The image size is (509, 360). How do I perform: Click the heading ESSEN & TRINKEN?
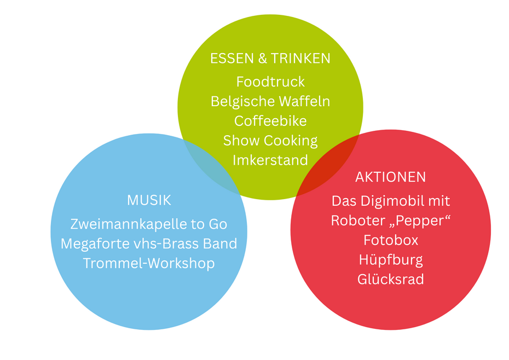[270, 59]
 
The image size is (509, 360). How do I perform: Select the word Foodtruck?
[270, 82]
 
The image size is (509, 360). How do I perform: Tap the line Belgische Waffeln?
[270, 101]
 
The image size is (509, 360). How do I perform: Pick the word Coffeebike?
[270, 120]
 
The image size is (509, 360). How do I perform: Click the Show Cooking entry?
[270, 141]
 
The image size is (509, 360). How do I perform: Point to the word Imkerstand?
[270, 160]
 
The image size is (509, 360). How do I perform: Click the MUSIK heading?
[149, 200]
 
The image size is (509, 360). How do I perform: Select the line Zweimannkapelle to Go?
[149, 224]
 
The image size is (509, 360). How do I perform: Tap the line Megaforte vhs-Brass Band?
[149, 243]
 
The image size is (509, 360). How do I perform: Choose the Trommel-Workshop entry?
[149, 263]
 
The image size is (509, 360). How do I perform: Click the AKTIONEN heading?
[390, 177]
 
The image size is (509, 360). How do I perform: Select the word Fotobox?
[391, 240]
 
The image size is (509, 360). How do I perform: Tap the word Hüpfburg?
[391, 260]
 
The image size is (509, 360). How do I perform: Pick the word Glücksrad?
[391, 279]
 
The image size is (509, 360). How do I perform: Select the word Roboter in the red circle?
[354, 220]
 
